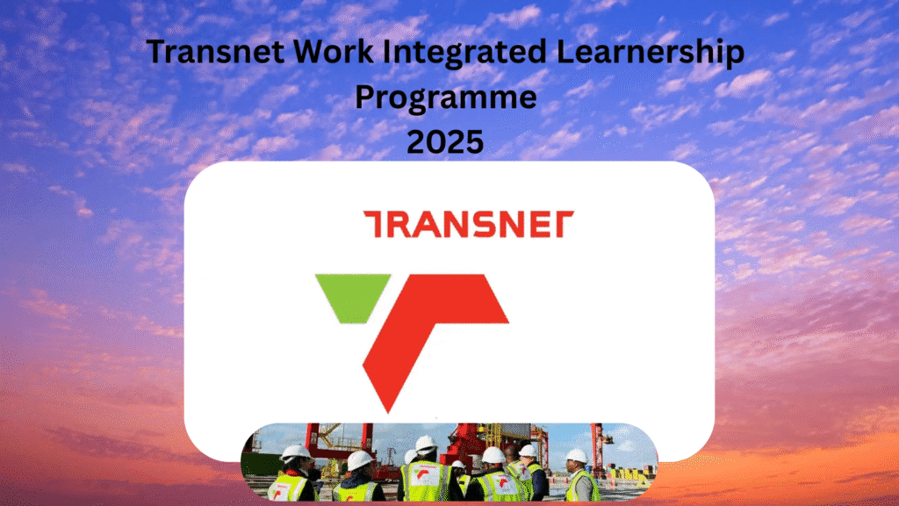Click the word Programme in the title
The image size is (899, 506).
(445, 98)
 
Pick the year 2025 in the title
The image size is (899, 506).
(445, 141)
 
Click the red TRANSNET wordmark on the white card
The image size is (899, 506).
(469, 224)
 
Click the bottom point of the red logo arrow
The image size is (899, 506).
(384, 406)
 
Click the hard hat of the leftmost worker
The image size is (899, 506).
(295, 452)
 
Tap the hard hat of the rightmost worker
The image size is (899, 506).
(576, 455)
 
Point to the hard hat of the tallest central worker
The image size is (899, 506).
(426, 444)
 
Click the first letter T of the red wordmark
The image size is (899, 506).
(376, 224)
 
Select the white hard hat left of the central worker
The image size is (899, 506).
(359, 459)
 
